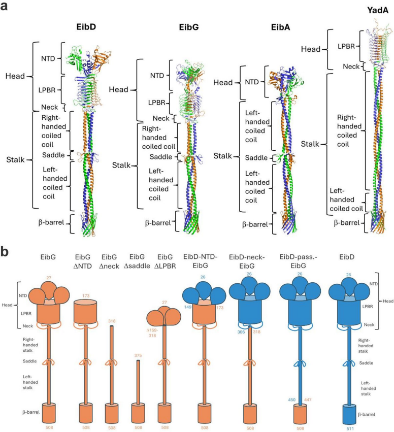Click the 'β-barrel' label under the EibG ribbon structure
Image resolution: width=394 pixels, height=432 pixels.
point(157,222)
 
